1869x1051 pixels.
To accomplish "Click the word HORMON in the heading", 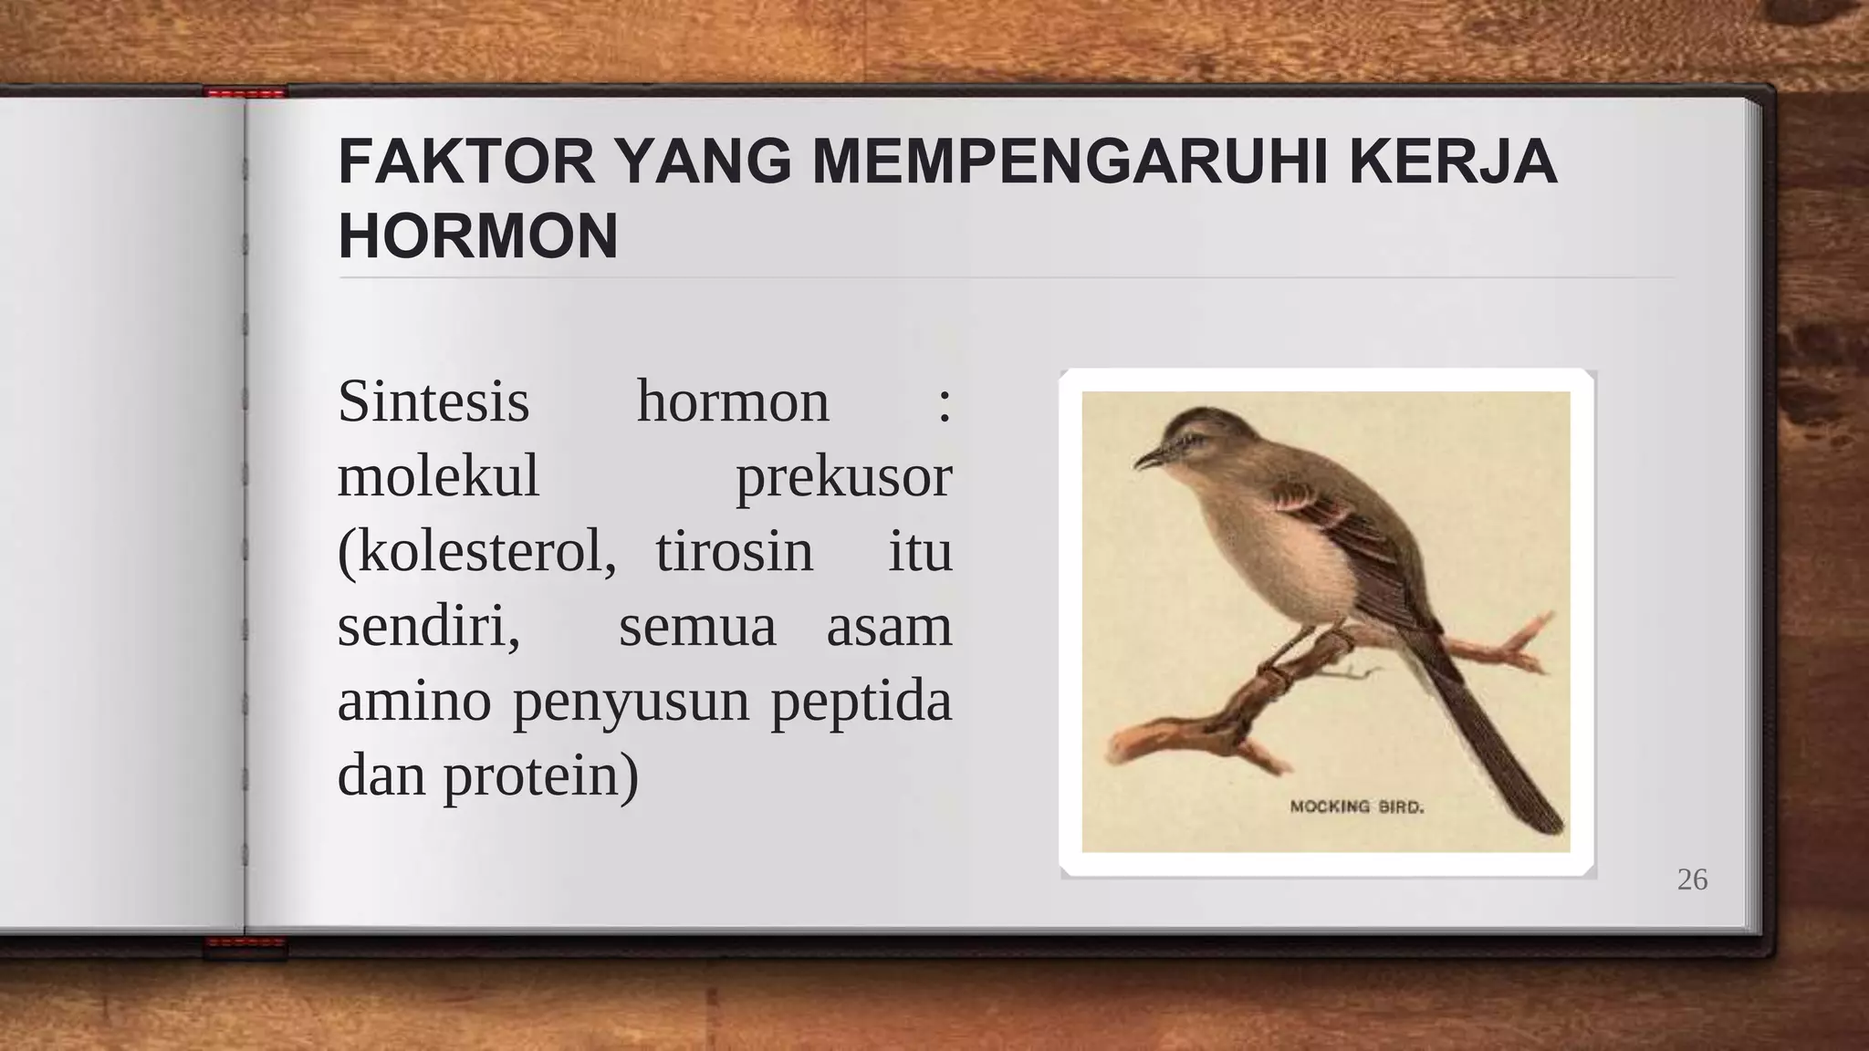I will point(477,237).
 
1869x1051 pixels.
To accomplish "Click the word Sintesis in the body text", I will point(433,401).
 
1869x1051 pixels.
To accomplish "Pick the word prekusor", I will point(843,477).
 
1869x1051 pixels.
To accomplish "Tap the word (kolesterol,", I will point(476,552).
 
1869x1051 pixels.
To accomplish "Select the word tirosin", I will point(734,552).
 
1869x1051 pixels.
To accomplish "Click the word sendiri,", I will point(429,627).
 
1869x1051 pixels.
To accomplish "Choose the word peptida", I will point(861,702).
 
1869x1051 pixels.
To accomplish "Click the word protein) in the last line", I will point(541,776).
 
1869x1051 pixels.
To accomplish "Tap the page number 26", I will point(1692,879).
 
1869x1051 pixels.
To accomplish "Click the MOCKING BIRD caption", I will point(1356,806).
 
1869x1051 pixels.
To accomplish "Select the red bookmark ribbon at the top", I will point(245,93).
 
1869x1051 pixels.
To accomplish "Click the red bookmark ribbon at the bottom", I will point(245,945).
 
